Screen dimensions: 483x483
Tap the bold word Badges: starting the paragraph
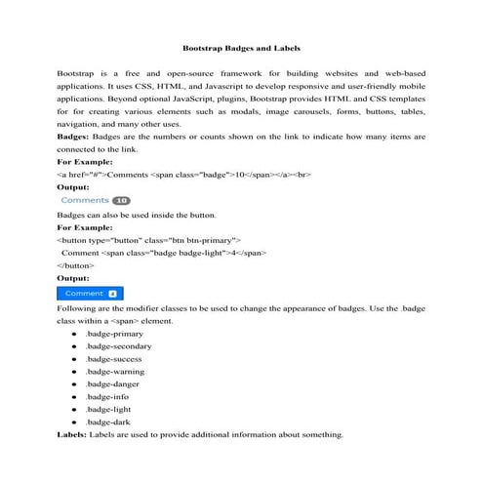point(75,138)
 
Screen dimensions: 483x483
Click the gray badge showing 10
point(121,200)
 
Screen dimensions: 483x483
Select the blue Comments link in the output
point(85,200)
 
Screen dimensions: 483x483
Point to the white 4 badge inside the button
point(112,293)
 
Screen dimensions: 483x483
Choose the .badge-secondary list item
point(119,346)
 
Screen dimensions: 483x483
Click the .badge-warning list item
point(115,372)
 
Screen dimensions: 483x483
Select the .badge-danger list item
point(113,384)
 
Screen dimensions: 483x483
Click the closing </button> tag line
point(76,264)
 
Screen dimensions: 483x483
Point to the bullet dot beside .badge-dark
point(75,423)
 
